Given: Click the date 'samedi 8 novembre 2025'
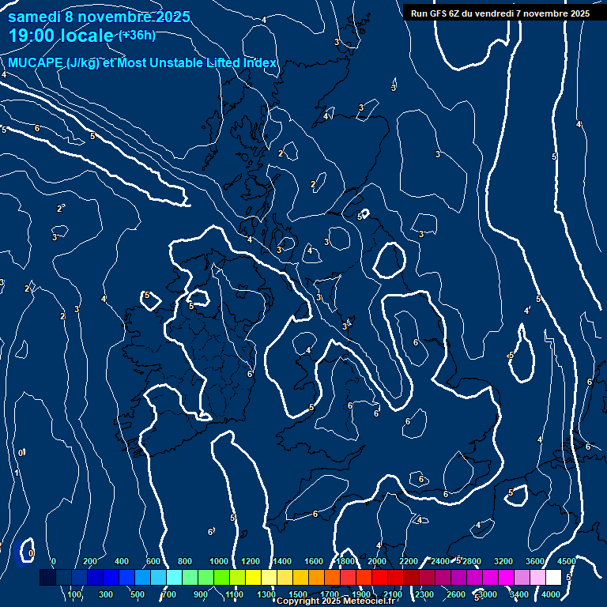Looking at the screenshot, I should point(99,17).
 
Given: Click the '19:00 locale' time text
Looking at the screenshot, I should point(61,36).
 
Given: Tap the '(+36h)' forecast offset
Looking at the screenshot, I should point(137,35).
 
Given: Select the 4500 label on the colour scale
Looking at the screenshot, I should point(566,562).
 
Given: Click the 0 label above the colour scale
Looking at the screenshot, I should point(53,562).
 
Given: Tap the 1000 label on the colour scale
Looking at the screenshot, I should point(218,562).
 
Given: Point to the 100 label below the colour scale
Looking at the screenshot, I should point(75,594).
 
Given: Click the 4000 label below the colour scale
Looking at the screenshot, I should point(551,594).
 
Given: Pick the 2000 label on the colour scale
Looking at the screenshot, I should point(377,562).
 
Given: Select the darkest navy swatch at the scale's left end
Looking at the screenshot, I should point(47,578).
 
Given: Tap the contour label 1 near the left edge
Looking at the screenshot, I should point(17,473).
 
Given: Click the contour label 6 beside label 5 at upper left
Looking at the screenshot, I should point(37,128).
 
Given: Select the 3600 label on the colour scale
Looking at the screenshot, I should point(534,562).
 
